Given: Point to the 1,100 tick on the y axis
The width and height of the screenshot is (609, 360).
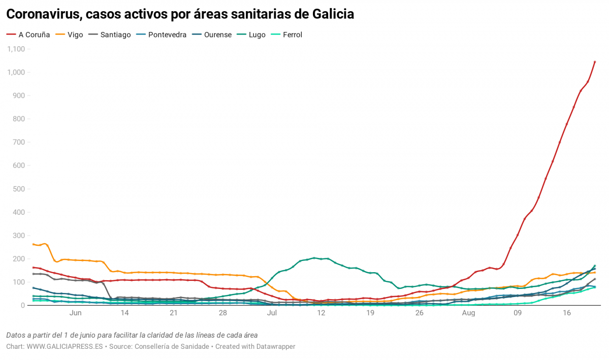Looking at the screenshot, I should tap(16, 49).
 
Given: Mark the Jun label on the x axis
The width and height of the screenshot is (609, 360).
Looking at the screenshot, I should tap(75, 313).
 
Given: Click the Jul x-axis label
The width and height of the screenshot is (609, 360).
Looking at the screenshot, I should tap(272, 313).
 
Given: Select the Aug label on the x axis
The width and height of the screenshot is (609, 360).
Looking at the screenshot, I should tap(468, 313).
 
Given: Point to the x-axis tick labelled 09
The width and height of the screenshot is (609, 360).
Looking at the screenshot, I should tap(518, 313).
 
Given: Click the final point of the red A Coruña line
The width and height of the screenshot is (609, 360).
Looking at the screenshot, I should tap(595, 62).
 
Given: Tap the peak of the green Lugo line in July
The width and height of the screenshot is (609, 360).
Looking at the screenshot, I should tap(314, 258).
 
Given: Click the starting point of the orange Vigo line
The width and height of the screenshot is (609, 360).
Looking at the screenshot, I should tap(34, 244).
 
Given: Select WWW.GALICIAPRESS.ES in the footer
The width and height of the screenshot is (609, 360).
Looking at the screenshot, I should tap(65, 346).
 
